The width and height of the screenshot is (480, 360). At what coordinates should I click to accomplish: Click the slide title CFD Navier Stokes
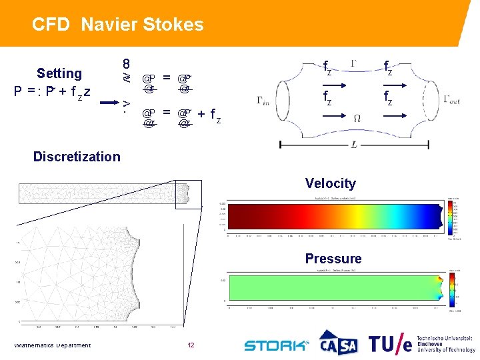point(118,25)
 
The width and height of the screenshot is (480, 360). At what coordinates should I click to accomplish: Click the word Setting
point(59,73)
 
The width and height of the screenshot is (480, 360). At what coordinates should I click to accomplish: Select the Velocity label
point(331,183)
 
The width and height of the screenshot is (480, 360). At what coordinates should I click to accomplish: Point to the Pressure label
point(333,259)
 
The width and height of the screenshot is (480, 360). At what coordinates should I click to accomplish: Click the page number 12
point(191,345)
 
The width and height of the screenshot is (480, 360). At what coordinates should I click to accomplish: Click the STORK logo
point(276,345)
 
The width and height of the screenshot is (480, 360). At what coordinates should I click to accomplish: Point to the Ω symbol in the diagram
point(357,117)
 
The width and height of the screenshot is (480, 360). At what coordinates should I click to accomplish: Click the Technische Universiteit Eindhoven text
point(446,343)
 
